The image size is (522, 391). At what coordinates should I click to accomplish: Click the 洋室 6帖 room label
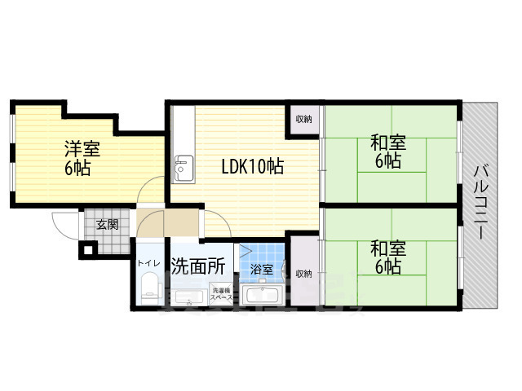coord(79,159)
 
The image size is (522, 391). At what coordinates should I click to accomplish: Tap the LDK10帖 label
coord(253,167)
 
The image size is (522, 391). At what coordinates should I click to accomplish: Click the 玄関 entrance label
coord(108,225)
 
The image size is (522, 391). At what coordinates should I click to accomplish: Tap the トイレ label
coord(148,262)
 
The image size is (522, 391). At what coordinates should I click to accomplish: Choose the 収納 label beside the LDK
coord(303,120)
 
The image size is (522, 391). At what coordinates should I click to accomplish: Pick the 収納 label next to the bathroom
coord(303,274)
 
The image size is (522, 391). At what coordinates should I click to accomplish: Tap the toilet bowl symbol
coord(148,289)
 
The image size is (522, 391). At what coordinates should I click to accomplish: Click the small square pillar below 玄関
coord(86,249)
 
